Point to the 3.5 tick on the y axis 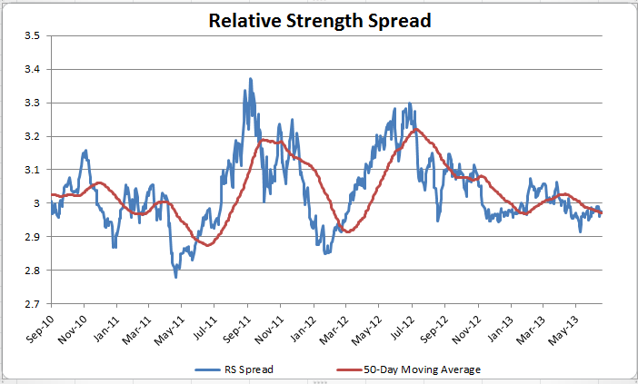coord(32,35)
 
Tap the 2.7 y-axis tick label coord(32,304)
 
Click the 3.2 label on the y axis coord(32,136)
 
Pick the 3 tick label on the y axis coord(37,203)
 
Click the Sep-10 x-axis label coord(39,328)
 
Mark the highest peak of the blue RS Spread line coord(250,79)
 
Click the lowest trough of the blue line coord(176,276)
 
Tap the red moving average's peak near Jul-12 coord(414,130)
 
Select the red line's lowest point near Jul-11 coord(208,245)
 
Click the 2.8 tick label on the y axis coord(32,271)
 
